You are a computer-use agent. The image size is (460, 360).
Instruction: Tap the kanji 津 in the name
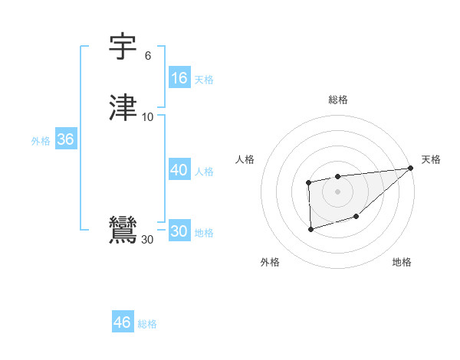pos(123,107)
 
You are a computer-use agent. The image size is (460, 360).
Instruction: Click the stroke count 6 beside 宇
pos(147,56)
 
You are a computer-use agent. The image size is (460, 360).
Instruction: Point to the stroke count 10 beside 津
pos(147,116)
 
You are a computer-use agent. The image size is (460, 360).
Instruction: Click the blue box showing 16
pos(179,77)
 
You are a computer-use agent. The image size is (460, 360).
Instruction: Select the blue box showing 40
pos(179,170)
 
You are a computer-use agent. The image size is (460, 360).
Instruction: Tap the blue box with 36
pos(65,139)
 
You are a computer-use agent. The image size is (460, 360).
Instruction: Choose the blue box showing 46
pos(123,322)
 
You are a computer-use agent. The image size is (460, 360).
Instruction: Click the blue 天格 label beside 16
pos(203,79)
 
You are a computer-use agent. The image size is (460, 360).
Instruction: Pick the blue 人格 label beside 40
pos(204,172)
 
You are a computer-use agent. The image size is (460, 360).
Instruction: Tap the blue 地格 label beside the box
pos(204,233)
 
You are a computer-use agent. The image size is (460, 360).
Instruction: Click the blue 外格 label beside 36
pos(41,141)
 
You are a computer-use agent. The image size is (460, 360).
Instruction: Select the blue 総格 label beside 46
pos(147,324)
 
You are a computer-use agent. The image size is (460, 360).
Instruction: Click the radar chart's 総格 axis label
pos(338,100)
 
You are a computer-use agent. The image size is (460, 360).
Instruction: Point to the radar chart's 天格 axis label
pos(432,159)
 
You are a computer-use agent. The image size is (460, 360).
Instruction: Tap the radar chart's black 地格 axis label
pos(402,262)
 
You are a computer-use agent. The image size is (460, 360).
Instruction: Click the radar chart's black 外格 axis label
pos(270,262)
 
